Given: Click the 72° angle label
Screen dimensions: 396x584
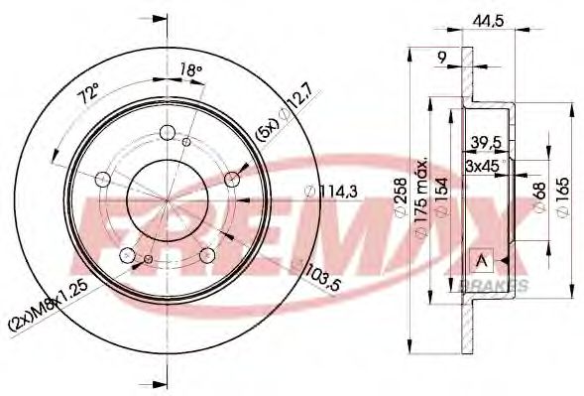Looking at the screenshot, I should (x=90, y=96).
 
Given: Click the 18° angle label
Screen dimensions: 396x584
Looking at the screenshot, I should (x=190, y=69).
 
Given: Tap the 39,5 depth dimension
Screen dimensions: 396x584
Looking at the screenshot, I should (x=486, y=141).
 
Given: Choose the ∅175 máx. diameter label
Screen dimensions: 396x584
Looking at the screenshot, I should (x=420, y=198).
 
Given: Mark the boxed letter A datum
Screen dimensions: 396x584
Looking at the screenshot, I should (x=483, y=260).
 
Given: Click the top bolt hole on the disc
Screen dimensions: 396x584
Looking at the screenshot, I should (x=168, y=132).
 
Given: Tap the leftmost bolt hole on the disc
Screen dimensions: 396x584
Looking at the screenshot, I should (x=103, y=180).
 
